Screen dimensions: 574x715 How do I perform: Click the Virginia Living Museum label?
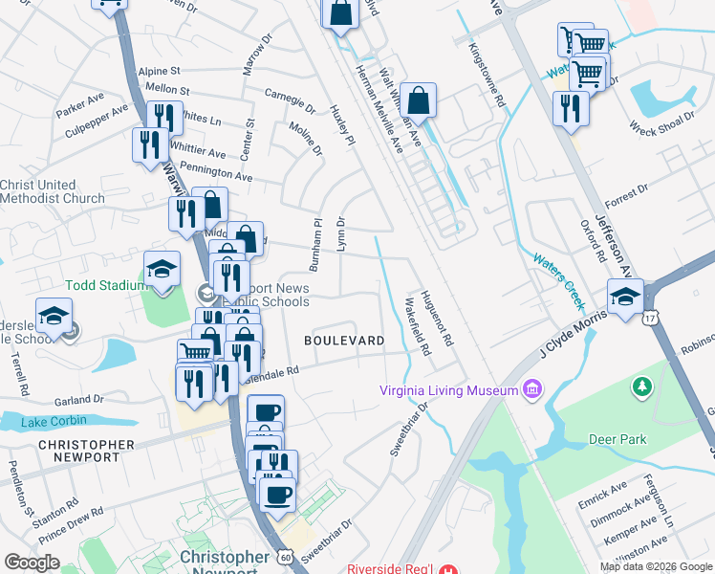(x=447, y=389)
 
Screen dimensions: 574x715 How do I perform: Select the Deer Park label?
(x=619, y=439)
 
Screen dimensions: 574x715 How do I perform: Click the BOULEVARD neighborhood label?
(x=344, y=341)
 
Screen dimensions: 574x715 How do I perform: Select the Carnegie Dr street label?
(x=290, y=101)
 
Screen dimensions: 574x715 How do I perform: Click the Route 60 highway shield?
(x=287, y=555)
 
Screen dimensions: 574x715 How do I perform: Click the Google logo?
(x=32, y=563)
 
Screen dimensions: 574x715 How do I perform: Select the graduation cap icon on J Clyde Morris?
(x=625, y=297)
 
